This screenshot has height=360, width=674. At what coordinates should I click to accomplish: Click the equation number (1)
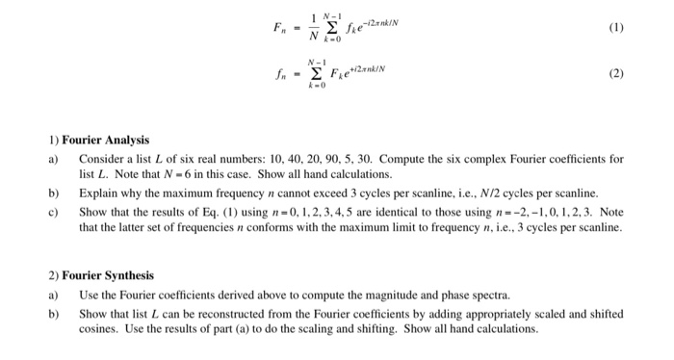[614, 28]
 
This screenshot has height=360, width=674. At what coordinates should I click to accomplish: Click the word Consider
[101, 158]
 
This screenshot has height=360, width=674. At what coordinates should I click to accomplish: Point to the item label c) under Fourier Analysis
[54, 211]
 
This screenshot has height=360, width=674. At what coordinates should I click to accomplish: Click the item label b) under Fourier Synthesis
[54, 313]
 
